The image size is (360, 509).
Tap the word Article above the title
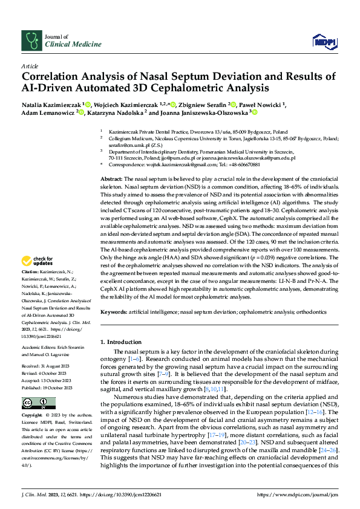[29, 66]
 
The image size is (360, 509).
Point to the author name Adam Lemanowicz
[44, 112]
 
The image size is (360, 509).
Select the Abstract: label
[111, 179]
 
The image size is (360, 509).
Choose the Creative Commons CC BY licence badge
[30, 403]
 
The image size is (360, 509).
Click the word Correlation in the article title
[53, 77]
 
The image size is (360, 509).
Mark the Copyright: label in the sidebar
[32, 417]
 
